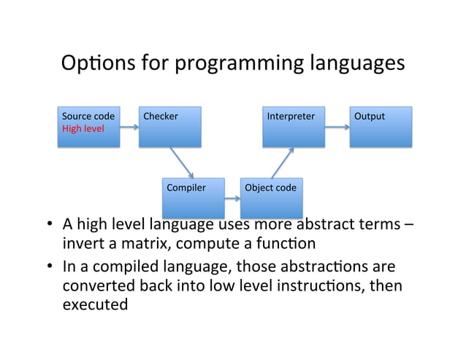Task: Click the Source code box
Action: (x=88, y=127)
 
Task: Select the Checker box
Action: (x=169, y=127)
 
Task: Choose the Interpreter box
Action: (x=294, y=127)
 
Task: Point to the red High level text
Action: (x=83, y=129)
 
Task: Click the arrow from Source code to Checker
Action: (x=129, y=128)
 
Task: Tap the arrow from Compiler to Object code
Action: (x=232, y=197)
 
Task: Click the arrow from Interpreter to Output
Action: (x=337, y=128)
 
